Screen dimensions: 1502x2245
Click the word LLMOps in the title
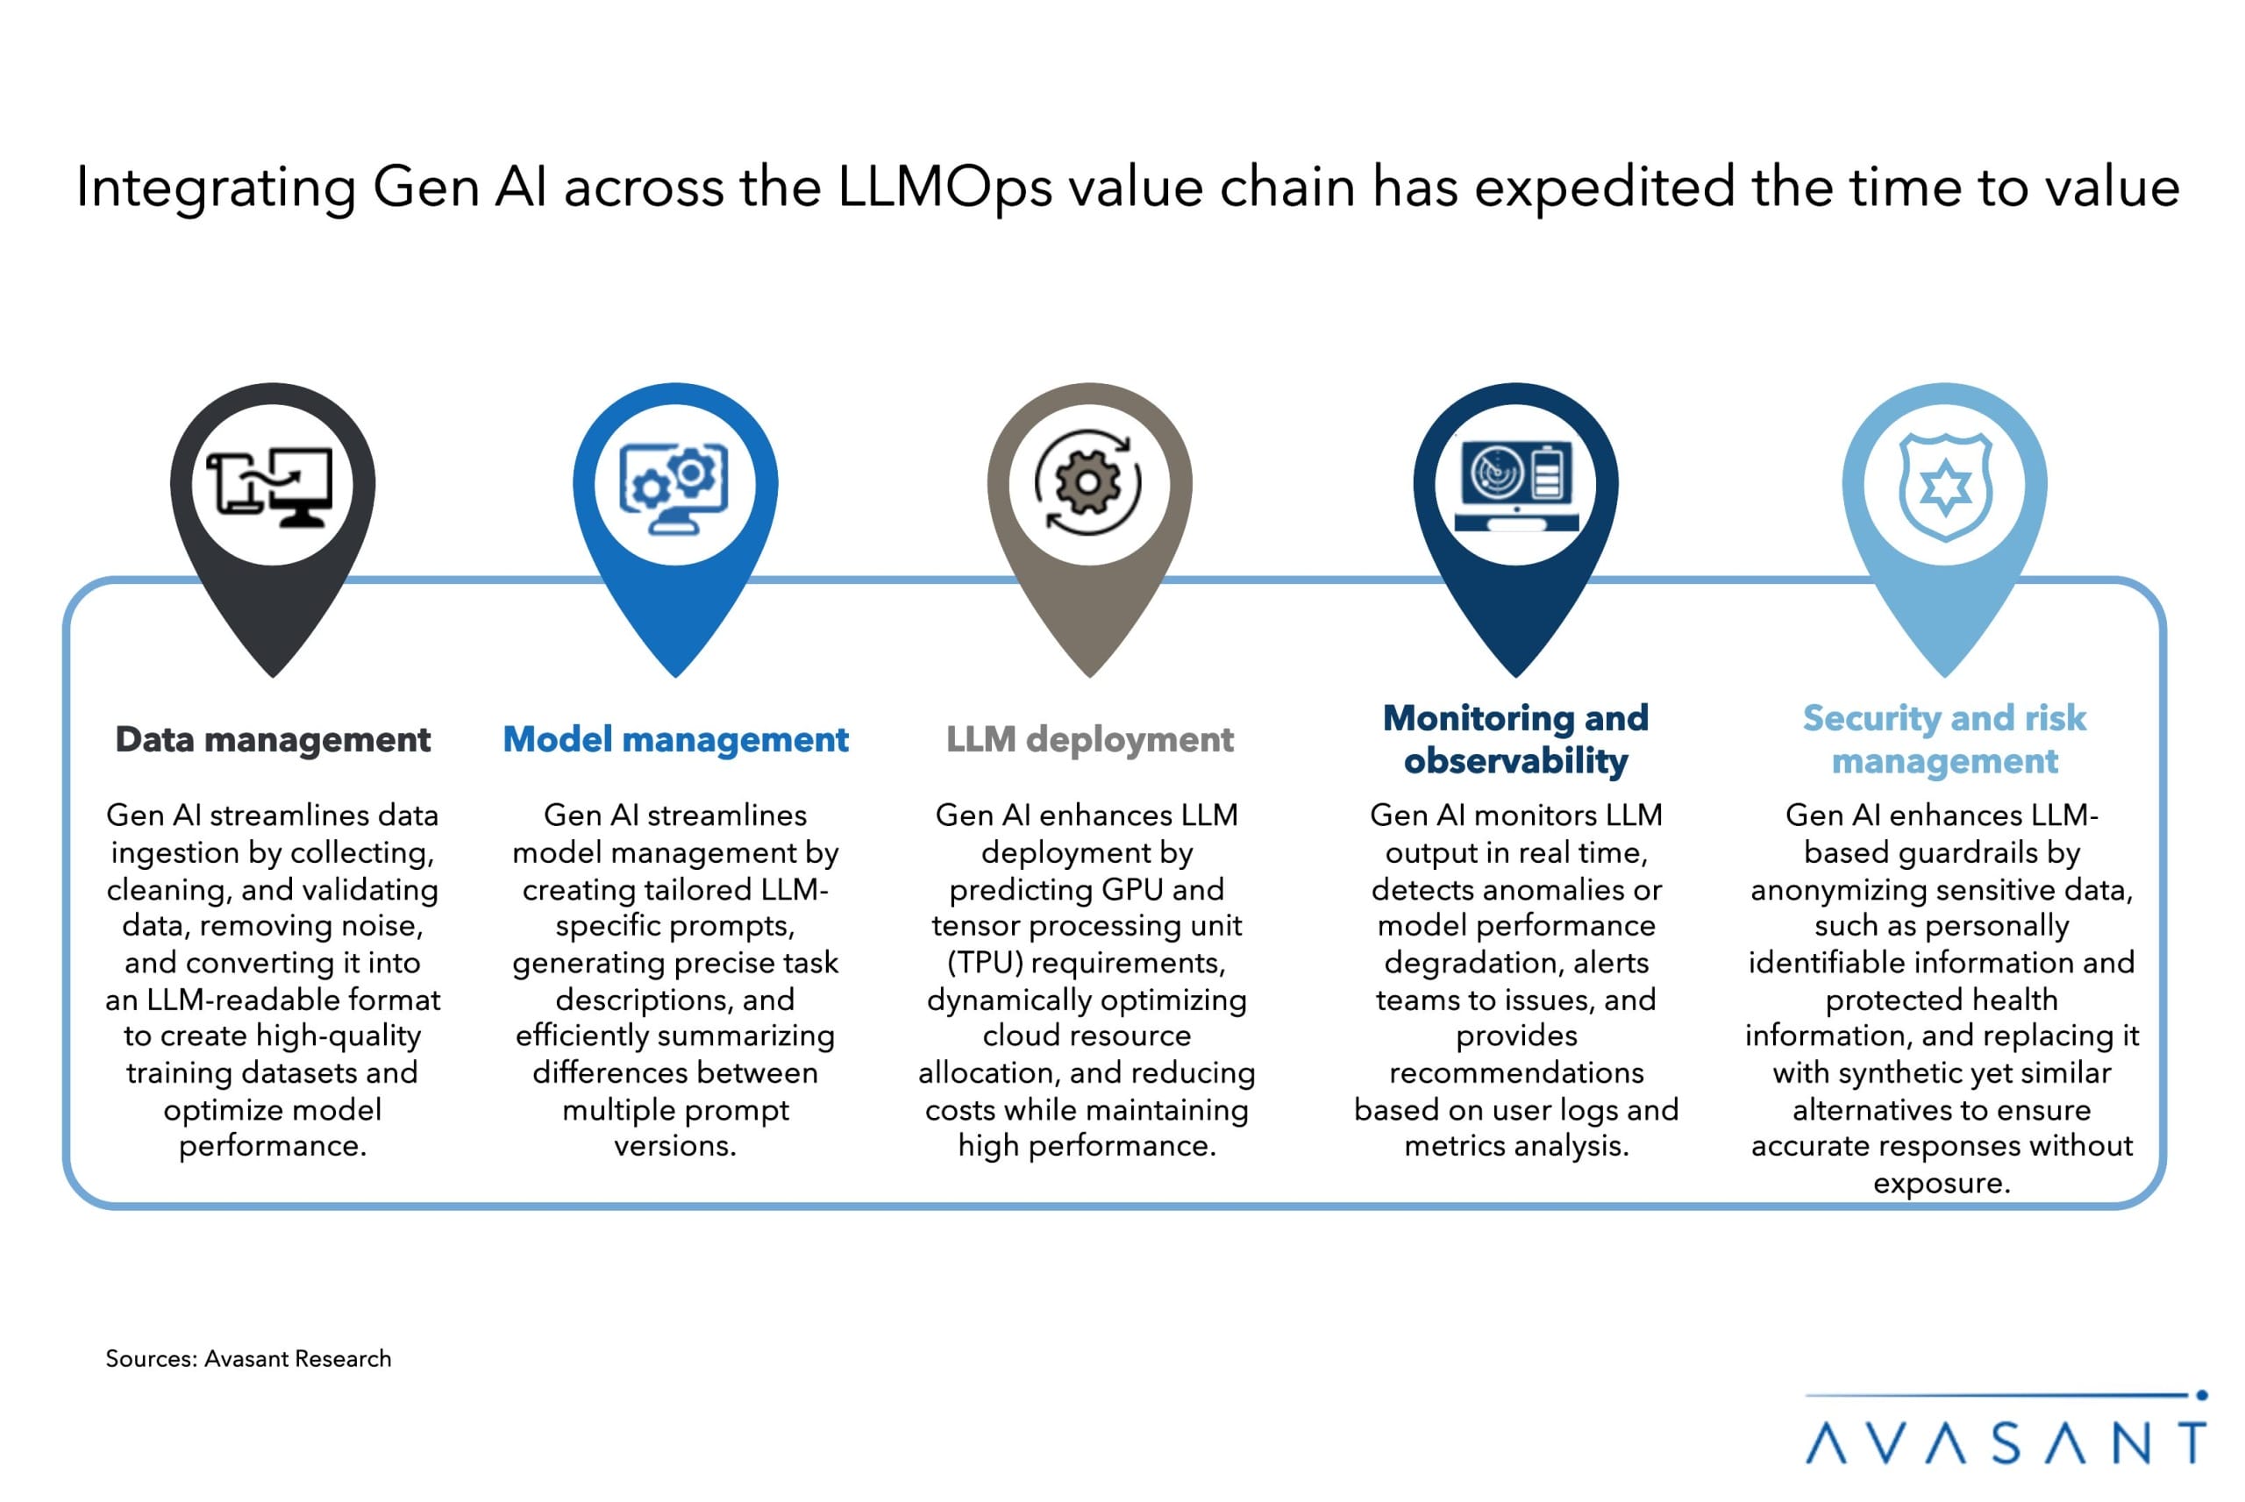944,187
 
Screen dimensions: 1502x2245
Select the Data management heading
273,739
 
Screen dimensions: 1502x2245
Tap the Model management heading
675,739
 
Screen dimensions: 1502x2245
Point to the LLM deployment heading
1089,739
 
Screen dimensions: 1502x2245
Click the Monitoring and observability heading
1515,738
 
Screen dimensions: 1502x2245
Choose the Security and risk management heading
1943,738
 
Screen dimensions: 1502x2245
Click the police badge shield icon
1945,486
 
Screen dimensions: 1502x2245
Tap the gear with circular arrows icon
1088,483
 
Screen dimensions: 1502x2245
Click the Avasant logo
2006,1431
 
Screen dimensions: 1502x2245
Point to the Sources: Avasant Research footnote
248,1358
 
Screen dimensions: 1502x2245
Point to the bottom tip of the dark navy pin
1515,674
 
